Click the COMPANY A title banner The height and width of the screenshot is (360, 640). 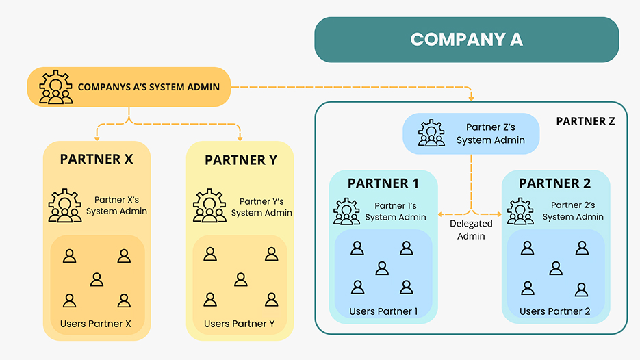tap(466, 40)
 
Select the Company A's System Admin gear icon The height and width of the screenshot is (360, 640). tap(55, 87)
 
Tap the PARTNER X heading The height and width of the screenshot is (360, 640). tap(97, 159)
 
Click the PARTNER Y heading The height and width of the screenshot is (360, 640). tap(240, 160)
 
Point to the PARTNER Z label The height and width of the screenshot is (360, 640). tap(585, 121)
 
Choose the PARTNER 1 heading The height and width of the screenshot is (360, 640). tap(383, 183)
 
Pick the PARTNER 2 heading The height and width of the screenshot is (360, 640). tap(555, 183)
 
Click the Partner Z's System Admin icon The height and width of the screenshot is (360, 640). tap(431, 133)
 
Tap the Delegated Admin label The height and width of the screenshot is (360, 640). tap(471, 230)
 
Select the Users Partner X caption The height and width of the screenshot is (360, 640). tap(96, 323)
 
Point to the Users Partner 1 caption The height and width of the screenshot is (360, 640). tap(383, 311)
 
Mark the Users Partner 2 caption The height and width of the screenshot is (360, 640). tap(554, 311)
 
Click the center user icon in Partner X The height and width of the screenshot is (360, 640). tap(97, 279)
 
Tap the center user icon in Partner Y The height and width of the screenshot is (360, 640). tap(240, 279)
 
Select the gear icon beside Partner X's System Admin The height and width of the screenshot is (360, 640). tap(65, 205)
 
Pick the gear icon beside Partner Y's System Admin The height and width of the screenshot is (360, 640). tap(209, 205)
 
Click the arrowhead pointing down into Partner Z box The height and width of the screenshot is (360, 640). tap(472, 98)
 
